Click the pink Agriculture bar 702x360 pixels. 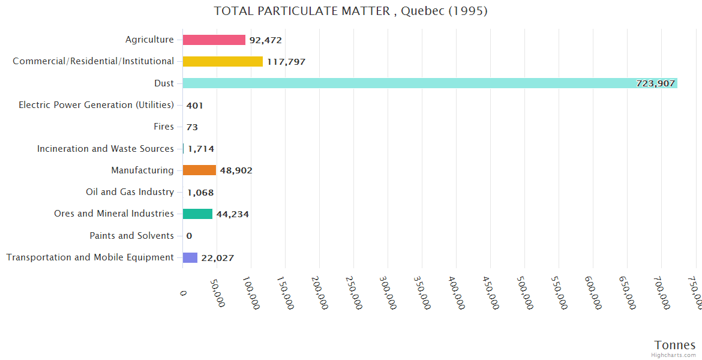(x=214, y=40)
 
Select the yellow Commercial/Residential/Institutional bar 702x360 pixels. (x=223, y=61)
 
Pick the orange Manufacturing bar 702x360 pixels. (x=199, y=170)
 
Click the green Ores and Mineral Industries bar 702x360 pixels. (x=197, y=214)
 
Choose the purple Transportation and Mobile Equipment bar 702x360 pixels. (x=190, y=257)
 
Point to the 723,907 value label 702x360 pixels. (x=656, y=83)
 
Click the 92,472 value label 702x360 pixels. (x=266, y=40)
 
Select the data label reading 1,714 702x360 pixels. (x=201, y=149)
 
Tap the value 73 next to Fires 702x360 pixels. (x=192, y=127)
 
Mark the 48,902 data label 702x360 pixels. (x=236, y=170)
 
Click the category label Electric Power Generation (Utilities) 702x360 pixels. (x=96, y=105)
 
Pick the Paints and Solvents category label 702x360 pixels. (x=131, y=236)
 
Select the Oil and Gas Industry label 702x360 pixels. (x=130, y=192)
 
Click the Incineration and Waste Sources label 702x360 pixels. (x=105, y=149)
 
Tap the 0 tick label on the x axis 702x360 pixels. (x=183, y=292)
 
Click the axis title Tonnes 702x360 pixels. (x=675, y=344)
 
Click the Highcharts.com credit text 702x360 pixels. (x=674, y=355)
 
